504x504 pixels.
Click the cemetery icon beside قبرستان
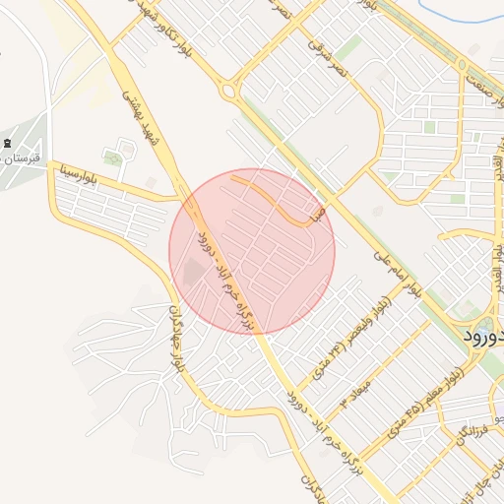click(x=9, y=144)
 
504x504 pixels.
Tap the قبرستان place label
click(x=22, y=158)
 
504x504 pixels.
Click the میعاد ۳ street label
click(x=354, y=390)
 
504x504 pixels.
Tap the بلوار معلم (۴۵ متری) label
click(x=433, y=392)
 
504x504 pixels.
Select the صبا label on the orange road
click(x=315, y=213)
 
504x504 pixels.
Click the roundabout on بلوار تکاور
click(x=229, y=93)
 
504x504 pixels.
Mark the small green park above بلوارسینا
click(x=114, y=157)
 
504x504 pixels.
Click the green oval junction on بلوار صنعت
click(x=462, y=65)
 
